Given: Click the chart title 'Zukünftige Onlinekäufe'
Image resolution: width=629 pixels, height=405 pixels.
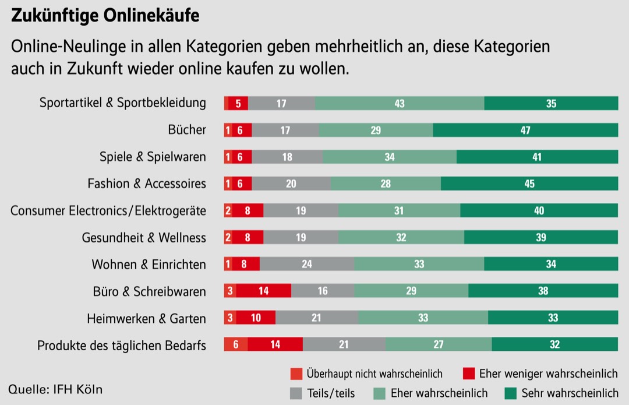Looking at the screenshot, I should point(105,16).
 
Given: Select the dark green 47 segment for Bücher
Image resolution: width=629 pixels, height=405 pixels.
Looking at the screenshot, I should point(525,130).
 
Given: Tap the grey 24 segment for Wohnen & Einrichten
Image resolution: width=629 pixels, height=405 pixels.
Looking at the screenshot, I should point(307,264).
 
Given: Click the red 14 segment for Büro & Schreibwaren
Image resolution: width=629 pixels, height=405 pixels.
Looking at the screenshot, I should point(263,291).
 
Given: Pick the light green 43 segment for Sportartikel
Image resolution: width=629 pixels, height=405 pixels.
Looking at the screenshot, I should point(400,103).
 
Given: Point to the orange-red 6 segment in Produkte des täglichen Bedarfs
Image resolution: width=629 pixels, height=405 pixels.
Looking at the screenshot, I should point(236,344).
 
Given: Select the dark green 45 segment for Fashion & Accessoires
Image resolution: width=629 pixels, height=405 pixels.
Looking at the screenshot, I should point(529,184).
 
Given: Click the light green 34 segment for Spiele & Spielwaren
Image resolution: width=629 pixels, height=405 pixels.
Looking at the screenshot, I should point(390,157).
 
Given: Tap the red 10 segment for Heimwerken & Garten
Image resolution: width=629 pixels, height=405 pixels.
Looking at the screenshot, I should point(256,318).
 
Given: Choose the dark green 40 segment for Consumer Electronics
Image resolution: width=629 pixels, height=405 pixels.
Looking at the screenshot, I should point(539,210).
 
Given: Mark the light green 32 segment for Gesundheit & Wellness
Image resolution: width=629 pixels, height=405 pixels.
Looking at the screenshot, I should point(401,237).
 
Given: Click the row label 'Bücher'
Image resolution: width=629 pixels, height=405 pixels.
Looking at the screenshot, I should point(187,129).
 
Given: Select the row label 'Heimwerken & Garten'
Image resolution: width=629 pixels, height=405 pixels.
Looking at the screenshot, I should point(146,318).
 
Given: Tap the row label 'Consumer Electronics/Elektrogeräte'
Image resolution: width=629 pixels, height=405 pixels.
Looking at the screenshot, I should point(108,210).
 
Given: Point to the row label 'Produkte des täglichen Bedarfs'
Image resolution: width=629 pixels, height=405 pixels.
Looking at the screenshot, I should point(122,345).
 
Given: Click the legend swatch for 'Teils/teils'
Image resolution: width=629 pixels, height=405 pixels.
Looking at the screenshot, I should point(296,393).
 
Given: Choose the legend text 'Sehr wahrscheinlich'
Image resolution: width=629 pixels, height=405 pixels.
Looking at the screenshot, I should point(570,393).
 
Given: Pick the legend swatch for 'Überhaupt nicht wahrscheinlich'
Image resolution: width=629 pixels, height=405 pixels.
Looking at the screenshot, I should point(296,374).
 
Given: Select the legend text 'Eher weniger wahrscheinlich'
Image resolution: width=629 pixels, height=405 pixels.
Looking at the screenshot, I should point(548,374).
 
